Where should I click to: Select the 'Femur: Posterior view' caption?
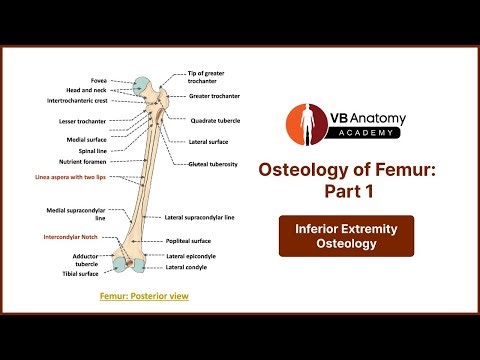[x=144, y=297]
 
